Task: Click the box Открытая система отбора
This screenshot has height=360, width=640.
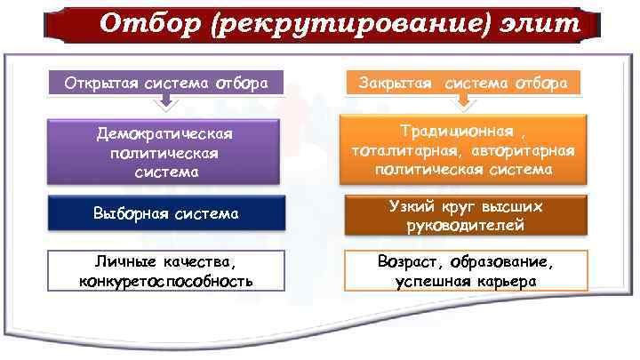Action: (166, 84)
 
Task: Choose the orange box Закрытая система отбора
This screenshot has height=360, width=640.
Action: (463, 84)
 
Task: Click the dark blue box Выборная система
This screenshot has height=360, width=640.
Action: (166, 213)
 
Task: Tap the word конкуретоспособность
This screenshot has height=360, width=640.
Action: (165, 281)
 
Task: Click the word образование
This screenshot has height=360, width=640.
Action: (502, 262)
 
